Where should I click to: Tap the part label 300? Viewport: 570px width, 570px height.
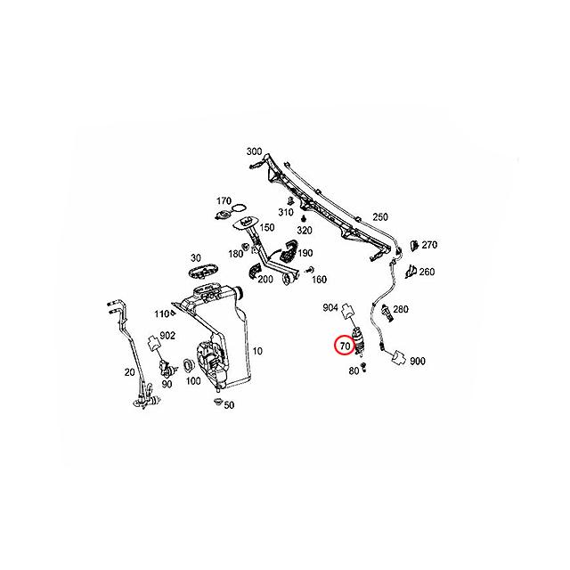(253, 151)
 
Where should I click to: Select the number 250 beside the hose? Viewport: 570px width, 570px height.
(380, 217)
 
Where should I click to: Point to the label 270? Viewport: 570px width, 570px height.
(430, 245)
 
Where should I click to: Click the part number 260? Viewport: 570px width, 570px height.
(427, 272)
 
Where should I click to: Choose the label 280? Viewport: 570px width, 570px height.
(401, 309)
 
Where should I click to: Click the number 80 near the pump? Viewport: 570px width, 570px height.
(353, 370)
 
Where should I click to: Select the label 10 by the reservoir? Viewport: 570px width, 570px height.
(258, 350)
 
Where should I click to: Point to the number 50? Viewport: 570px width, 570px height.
(229, 405)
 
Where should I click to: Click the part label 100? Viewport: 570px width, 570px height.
(192, 381)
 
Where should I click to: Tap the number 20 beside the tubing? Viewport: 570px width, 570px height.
(129, 372)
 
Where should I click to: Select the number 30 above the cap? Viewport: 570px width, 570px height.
(195, 257)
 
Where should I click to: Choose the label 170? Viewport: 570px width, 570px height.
(224, 200)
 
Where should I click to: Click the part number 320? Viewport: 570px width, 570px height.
(305, 229)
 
